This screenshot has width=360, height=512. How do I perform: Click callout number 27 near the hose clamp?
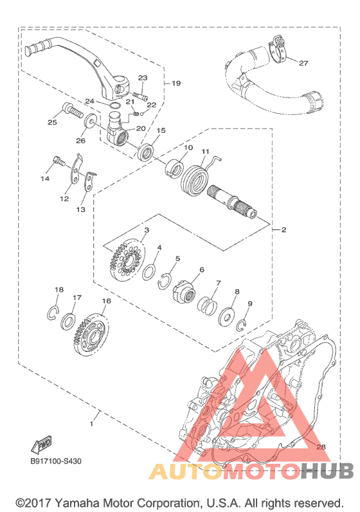tap(303, 63)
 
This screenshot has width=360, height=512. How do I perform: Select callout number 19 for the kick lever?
tap(175, 84)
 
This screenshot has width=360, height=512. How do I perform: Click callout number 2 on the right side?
tap(283, 229)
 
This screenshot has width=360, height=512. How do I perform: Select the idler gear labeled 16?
tap(89, 333)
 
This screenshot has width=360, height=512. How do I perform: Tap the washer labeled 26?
tap(93, 121)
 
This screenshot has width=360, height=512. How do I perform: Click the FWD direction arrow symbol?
tap(41, 445)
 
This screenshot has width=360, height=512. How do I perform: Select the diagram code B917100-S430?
tap(55, 461)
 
